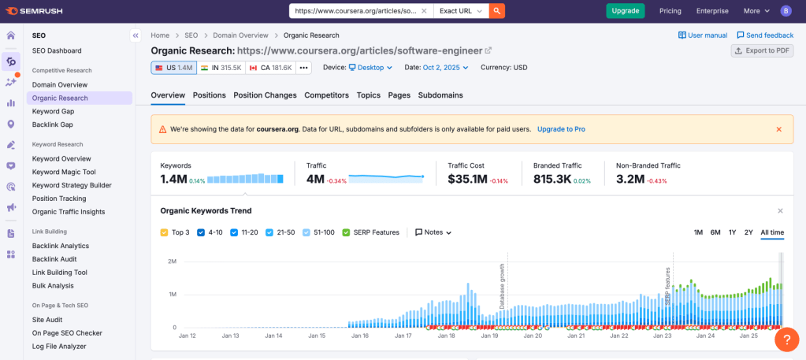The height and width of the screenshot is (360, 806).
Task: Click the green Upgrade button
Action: tap(625, 11)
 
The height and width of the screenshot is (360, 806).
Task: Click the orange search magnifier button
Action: tap(497, 11)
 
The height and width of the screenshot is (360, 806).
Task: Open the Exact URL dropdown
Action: tap(461, 11)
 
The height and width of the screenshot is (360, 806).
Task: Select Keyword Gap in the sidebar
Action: tap(53, 111)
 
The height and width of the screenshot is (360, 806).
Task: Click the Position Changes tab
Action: tap(265, 95)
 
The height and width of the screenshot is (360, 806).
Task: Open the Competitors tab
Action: tap(326, 95)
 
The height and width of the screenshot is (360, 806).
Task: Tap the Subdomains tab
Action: tap(440, 95)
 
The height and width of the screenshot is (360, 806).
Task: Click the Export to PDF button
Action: tap(762, 50)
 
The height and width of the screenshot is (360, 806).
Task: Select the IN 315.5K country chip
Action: tap(221, 68)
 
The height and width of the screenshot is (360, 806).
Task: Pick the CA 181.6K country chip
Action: tap(270, 68)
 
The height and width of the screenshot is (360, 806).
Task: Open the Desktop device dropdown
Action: tap(370, 68)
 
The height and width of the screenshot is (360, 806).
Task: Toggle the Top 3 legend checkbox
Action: tap(164, 232)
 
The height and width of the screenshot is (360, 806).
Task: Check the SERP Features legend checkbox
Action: tap(347, 232)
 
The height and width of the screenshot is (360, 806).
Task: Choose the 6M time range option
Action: tap(715, 232)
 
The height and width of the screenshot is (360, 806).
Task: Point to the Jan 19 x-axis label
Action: tap(489, 336)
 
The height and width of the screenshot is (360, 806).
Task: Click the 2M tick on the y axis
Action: tap(171, 262)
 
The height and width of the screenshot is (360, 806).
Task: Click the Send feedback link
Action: tap(764, 35)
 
